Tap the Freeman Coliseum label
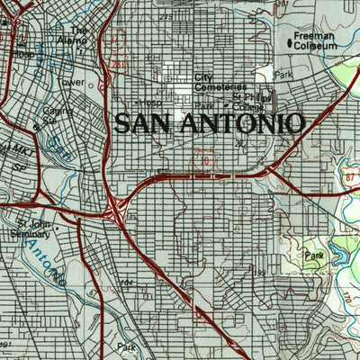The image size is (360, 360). pyautogui.click(x=310, y=42)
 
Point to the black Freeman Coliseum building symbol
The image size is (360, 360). pyautogui.click(x=290, y=42)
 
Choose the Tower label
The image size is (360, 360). pyautogui.click(x=72, y=82)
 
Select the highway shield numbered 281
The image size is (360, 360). pyautogui.click(x=116, y=64)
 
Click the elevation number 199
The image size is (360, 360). pyautogui.click(x=259, y=272)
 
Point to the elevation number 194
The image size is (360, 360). pyautogui.click(x=126, y=283)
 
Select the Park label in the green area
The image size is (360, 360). pyautogui.click(x=312, y=256)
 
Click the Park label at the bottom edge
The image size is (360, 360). pyautogui.click(x=124, y=346)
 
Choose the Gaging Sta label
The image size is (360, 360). pyautogui.click(x=56, y=114)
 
